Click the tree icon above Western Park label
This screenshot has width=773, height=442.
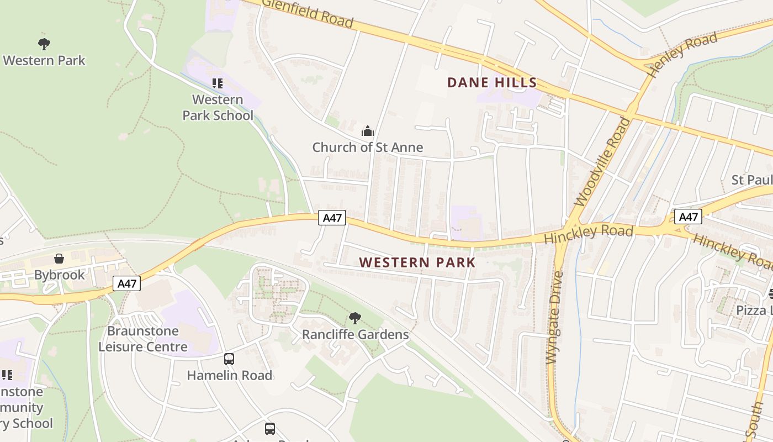44,44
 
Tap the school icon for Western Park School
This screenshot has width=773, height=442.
218,83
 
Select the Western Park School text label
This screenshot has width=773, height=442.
218,108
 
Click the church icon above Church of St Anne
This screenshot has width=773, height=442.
367,131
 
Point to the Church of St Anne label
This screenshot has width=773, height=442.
368,148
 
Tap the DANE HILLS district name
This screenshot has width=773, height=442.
491,83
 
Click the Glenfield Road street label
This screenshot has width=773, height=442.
307,13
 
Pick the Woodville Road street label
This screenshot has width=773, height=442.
602,161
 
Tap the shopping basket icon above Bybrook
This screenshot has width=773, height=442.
59,259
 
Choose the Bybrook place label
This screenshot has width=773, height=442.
60,275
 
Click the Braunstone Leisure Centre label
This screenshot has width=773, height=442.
143,339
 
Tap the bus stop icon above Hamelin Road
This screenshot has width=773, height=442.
229,359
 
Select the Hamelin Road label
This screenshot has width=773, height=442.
230,376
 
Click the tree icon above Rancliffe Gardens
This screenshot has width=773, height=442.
355,318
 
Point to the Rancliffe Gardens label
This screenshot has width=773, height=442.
356,335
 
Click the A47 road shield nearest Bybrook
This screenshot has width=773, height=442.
127,284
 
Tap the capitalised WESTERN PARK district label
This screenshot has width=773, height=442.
417,262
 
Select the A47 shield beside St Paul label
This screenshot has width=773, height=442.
688,217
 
